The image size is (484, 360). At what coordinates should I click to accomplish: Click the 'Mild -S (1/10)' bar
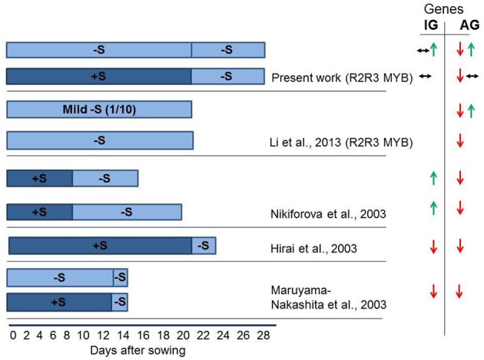(99, 110)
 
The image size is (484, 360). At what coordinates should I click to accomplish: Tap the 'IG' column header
(432, 26)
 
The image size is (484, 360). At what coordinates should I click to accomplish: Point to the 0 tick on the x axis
(12, 335)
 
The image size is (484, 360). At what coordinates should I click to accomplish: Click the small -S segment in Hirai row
(204, 246)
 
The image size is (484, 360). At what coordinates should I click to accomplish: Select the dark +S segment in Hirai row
(100, 246)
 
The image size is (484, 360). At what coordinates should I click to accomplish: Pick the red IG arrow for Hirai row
(433, 246)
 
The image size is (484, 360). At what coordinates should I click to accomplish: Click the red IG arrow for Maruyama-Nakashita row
(433, 291)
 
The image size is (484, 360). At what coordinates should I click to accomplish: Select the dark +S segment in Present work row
(98, 77)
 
